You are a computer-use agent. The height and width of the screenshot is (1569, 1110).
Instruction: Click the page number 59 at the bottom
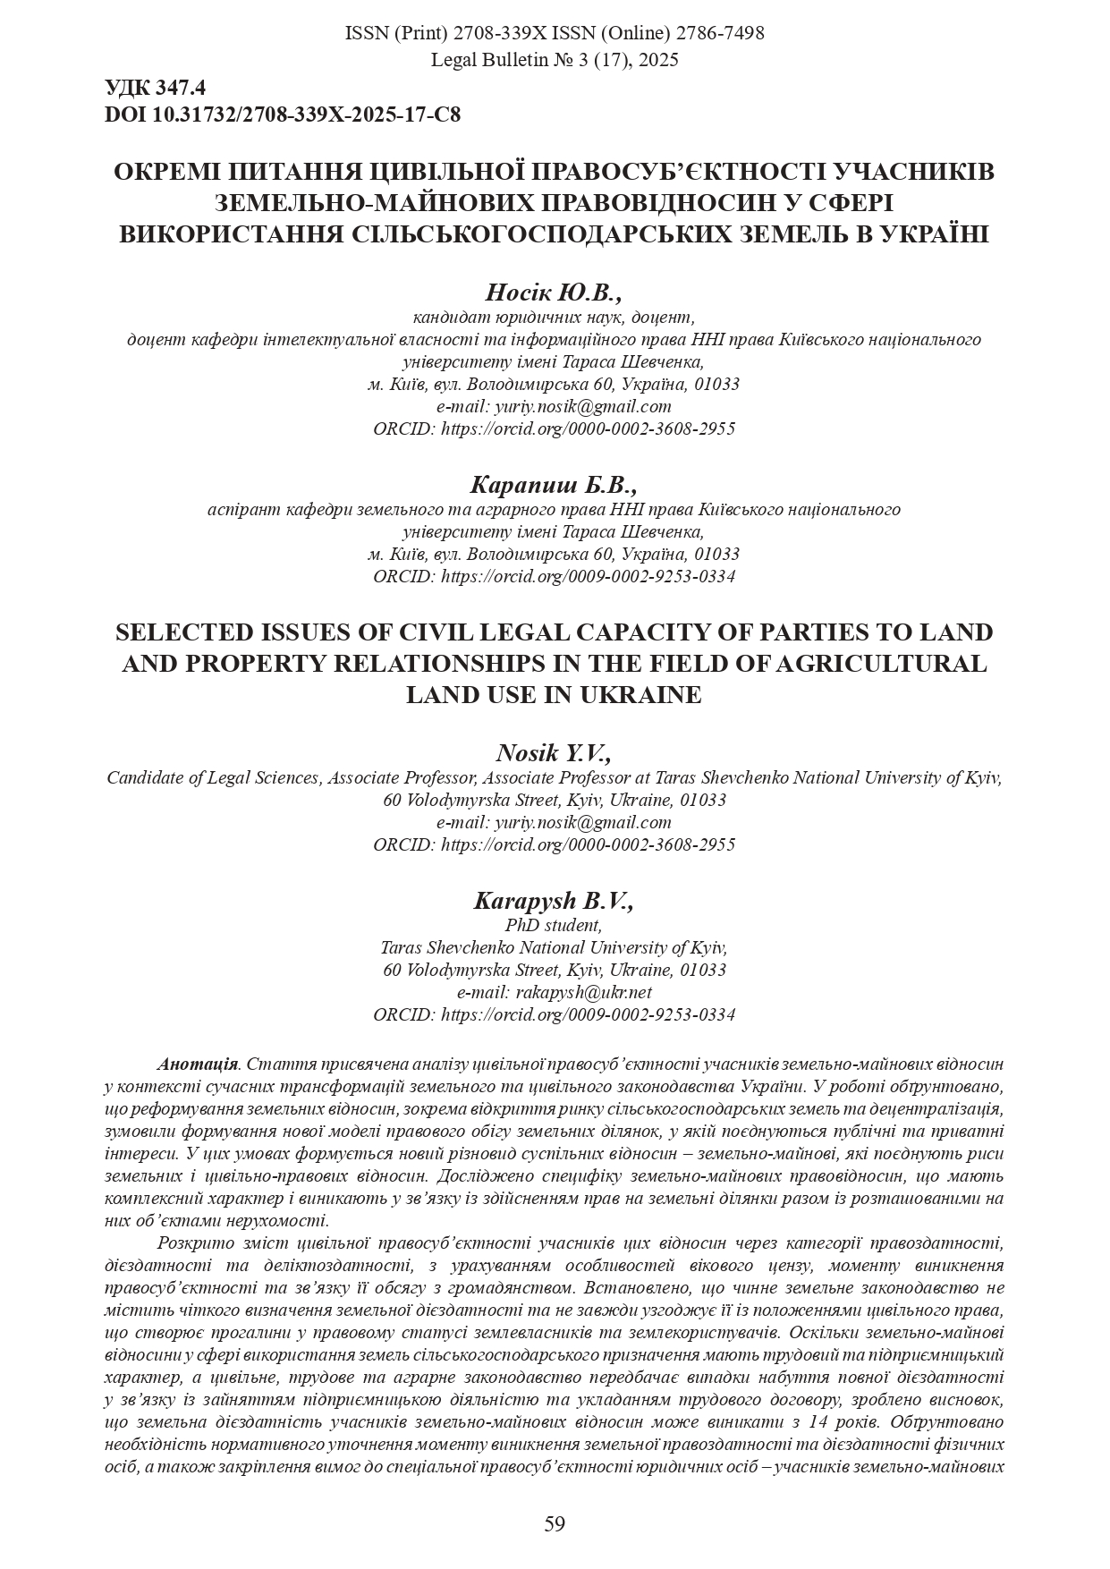coord(555,1523)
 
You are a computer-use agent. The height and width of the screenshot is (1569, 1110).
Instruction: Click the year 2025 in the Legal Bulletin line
coord(657,60)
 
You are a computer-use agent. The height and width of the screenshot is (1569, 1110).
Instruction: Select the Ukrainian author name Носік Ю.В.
coord(554,293)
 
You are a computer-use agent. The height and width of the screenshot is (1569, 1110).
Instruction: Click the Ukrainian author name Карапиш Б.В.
coord(554,485)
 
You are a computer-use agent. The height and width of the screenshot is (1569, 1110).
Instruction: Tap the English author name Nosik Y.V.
coord(554,752)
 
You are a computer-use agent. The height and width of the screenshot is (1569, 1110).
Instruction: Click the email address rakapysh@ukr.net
coord(583,992)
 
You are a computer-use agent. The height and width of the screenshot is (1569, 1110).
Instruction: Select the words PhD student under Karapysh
coord(554,925)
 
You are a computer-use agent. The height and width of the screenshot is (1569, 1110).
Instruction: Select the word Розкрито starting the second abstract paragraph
coord(191,1242)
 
